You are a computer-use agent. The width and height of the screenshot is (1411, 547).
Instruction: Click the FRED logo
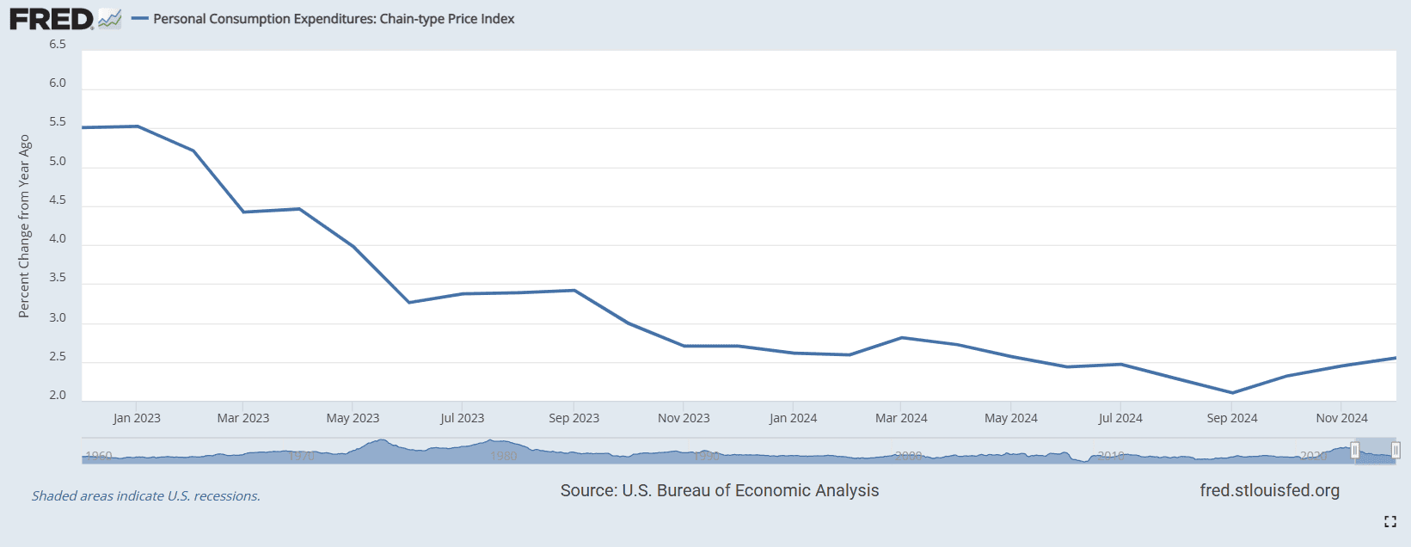point(52,19)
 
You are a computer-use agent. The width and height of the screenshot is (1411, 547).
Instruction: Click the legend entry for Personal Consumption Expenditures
point(333,19)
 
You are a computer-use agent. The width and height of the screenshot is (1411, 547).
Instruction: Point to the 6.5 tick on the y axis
point(58,44)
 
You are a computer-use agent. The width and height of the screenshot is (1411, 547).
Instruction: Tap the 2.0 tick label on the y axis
point(58,396)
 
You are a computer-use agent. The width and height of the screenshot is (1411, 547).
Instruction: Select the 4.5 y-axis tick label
point(58,200)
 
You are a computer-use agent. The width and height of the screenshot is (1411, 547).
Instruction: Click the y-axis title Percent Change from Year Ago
point(24,226)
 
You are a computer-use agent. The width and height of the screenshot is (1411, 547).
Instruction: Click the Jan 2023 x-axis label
point(137,418)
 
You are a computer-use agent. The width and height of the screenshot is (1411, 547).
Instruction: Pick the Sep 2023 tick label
point(574,418)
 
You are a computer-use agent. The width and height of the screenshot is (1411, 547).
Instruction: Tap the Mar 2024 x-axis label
point(901,418)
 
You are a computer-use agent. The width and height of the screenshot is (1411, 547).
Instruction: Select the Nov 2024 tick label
point(1341,418)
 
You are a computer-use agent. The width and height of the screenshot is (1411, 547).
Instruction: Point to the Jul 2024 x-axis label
point(1120,418)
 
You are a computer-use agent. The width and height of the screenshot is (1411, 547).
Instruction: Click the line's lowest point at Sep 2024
point(1232,393)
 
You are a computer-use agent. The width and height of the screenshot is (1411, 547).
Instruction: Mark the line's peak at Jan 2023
point(138,126)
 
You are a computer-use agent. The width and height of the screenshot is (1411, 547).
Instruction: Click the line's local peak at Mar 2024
point(902,337)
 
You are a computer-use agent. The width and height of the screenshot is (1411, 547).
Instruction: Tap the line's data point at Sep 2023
point(574,290)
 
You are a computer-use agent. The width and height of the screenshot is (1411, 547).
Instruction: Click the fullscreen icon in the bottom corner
point(1390,521)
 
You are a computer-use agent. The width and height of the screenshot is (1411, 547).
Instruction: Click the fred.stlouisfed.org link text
point(1269,490)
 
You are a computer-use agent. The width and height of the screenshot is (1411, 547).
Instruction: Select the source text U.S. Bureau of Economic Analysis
point(720,490)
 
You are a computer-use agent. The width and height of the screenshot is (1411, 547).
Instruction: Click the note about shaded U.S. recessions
point(146,496)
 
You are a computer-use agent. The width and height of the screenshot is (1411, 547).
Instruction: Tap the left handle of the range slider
point(1355,450)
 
